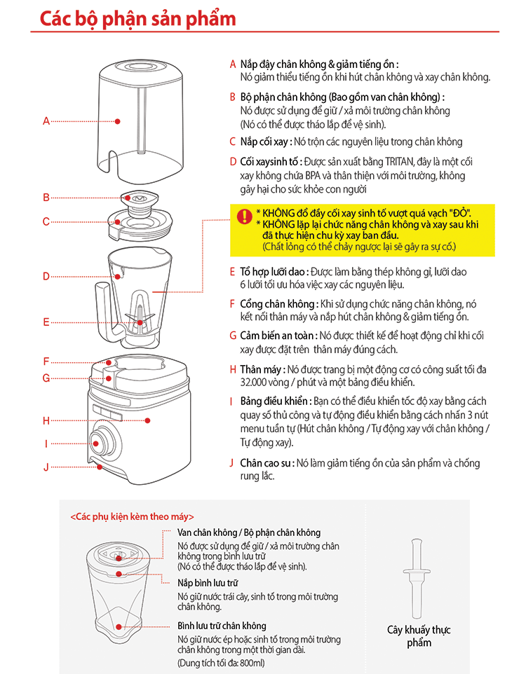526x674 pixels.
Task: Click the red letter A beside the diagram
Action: coord(46,121)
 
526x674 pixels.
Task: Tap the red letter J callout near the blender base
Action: coord(46,467)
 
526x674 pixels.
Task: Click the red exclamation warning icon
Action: coord(243,216)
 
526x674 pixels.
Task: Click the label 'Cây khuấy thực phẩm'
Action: coord(419,635)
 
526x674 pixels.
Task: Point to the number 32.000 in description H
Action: coord(257,383)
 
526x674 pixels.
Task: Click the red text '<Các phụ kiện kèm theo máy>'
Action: coord(133,517)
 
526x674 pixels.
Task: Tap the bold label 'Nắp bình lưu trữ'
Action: coord(208,583)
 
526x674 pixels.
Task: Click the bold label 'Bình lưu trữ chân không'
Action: coord(222,626)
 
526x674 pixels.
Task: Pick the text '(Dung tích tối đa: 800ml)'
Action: coord(221,663)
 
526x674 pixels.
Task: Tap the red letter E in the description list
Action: coord(233,271)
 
